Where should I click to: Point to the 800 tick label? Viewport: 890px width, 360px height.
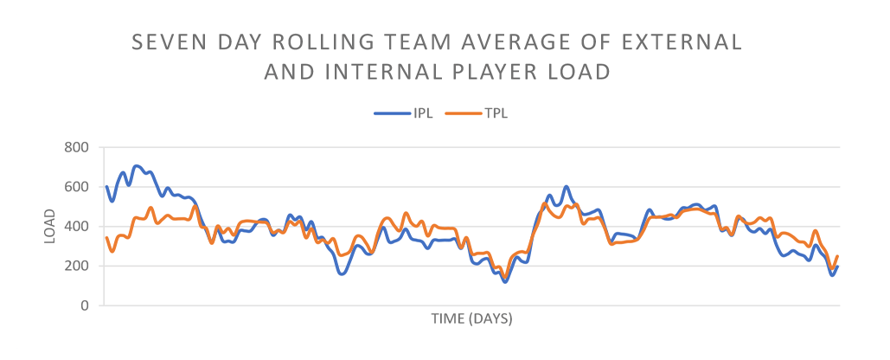(77, 147)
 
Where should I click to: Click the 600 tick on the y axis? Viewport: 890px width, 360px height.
(77, 187)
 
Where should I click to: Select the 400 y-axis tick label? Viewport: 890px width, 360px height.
(77, 227)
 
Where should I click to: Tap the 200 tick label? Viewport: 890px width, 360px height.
(77, 266)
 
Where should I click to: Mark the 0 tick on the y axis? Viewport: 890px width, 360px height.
(85, 305)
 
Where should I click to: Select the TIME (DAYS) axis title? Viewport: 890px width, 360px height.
(471, 319)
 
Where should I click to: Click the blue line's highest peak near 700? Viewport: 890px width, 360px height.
(136, 165)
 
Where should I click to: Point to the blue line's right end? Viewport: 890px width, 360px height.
(837, 267)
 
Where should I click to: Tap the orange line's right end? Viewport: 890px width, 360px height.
(837, 256)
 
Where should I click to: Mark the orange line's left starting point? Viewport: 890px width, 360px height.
(106, 237)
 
